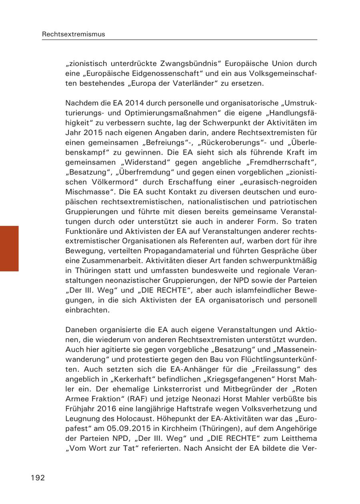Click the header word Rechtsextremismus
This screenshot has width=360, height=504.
click(x=74, y=34)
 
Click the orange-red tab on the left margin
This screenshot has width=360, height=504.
click(x=9, y=249)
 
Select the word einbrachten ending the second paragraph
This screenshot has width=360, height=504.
click(x=87, y=310)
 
